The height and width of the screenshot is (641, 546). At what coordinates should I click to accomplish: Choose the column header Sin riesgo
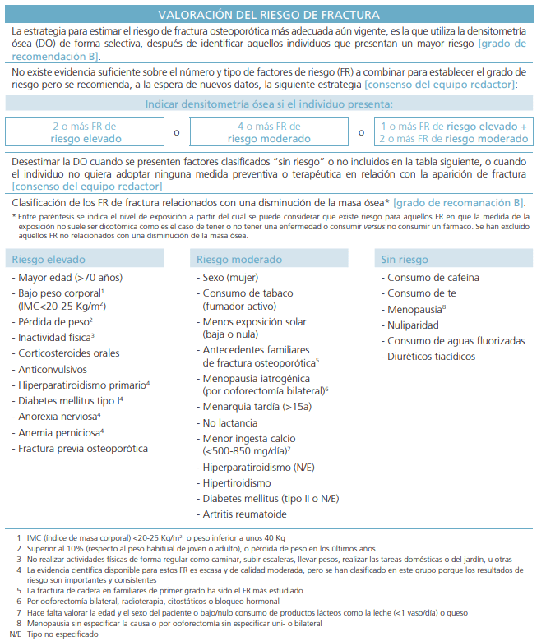tap(405, 260)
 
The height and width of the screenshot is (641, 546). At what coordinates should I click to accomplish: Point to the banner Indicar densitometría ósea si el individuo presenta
tap(269, 104)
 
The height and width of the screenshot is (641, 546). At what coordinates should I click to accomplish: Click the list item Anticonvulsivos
tap(56, 368)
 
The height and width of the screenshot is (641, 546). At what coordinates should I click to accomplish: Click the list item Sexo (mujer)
tap(230, 278)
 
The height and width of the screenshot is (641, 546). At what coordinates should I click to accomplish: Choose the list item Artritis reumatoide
tap(244, 514)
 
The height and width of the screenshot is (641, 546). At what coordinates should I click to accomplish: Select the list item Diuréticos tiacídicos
tap(431, 357)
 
